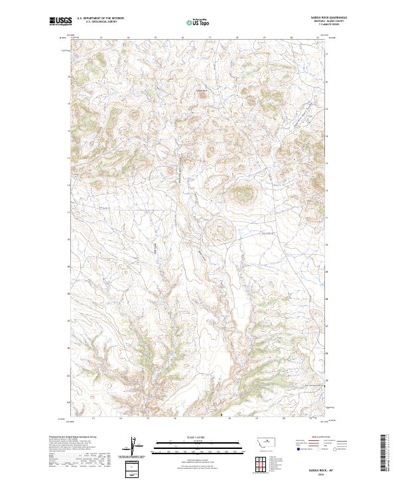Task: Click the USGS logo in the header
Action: pyautogui.click(x=61, y=21)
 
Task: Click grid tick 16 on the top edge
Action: pyautogui.click(x=182, y=38)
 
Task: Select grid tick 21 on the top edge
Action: pyautogui.click(x=318, y=38)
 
